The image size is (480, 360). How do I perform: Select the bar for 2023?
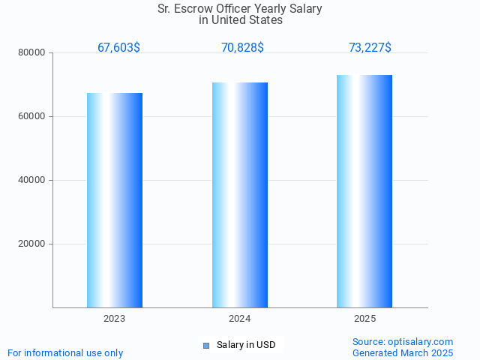[115, 200]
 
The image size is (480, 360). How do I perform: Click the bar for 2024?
[240, 195]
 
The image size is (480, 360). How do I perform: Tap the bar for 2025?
[364, 191]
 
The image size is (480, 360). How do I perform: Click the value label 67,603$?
[118, 48]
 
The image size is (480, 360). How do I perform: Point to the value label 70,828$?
[242, 48]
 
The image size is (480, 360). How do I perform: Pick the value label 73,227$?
[370, 48]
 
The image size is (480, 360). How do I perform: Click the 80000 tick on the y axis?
[33, 52]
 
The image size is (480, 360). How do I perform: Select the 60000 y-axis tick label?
[33, 116]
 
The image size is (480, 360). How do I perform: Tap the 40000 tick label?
[33, 180]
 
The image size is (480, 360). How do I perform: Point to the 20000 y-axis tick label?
[33, 244]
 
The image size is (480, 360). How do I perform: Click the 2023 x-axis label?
[115, 319]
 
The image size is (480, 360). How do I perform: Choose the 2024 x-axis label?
[240, 319]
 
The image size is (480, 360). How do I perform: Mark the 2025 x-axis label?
[364, 319]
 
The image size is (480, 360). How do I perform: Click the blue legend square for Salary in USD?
[206, 346]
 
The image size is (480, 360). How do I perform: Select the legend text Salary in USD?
[246, 345]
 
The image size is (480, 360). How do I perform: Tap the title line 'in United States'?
[241, 20]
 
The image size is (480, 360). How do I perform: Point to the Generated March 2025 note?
[403, 352]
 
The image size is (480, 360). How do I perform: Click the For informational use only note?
[65, 352]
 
